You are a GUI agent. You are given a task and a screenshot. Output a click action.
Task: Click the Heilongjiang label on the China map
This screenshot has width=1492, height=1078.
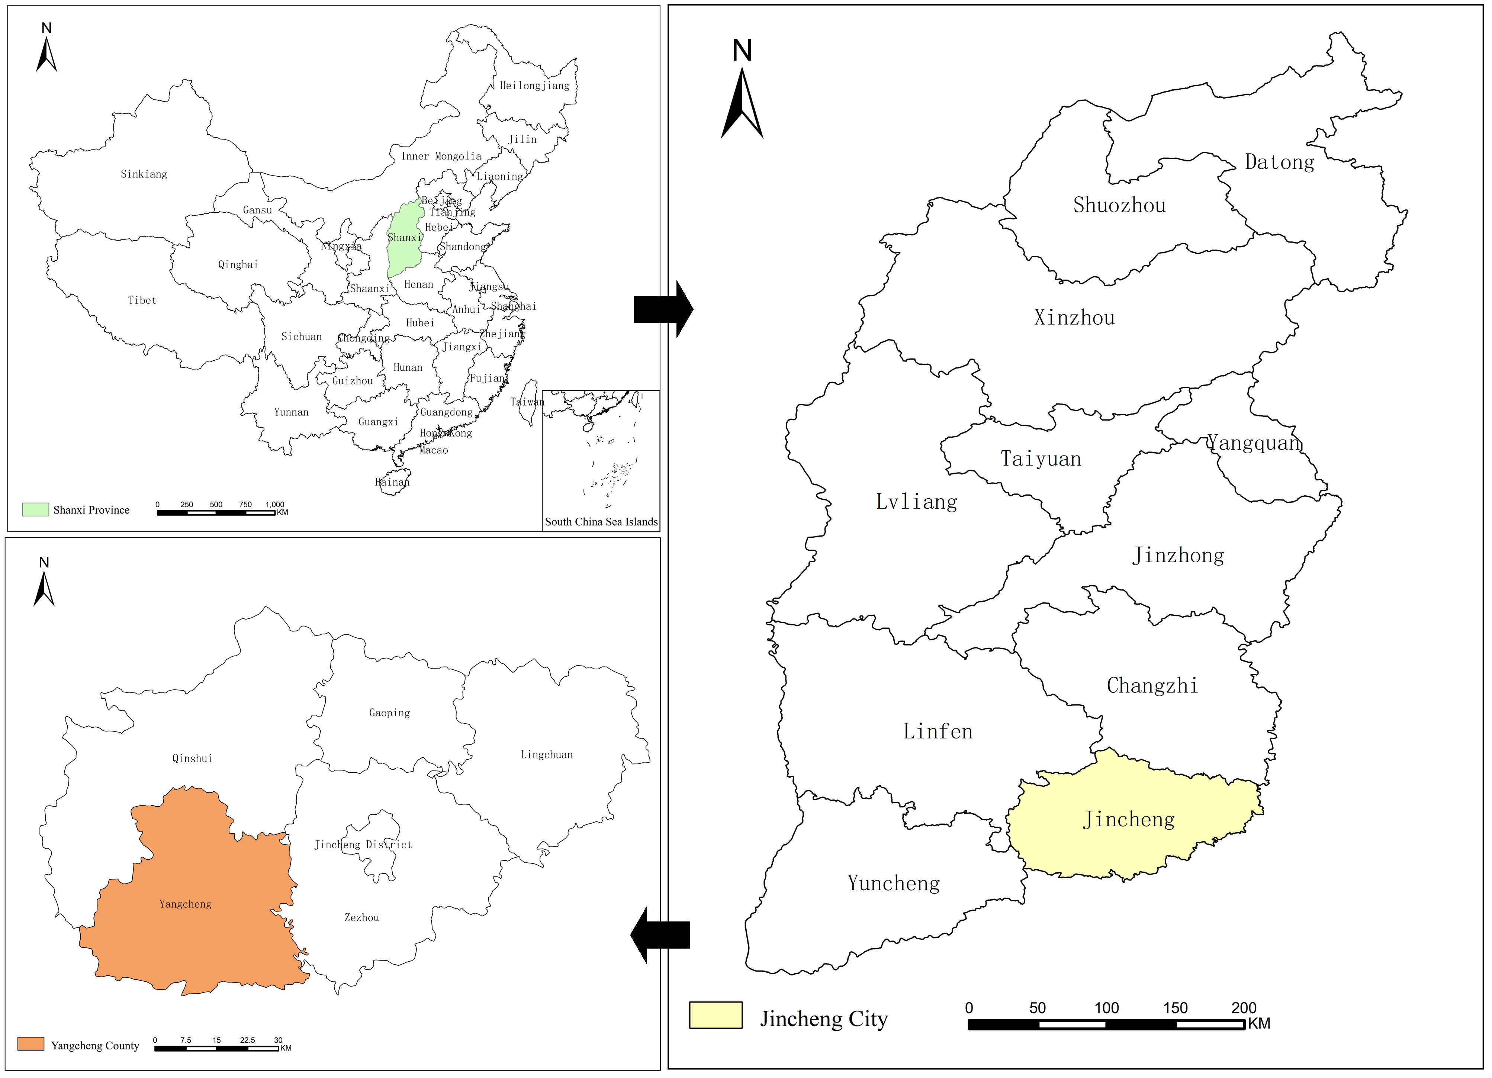[534, 86]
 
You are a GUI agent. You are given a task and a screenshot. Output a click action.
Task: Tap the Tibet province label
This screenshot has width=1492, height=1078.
[142, 300]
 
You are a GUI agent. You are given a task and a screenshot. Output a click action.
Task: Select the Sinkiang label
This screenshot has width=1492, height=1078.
[144, 174]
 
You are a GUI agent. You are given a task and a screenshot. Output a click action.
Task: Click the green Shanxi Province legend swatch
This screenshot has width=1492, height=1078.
[36, 510]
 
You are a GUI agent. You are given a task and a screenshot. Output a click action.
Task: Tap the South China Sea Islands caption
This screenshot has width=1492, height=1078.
[601, 522]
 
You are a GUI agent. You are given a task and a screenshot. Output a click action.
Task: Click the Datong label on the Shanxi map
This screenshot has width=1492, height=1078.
[1280, 162]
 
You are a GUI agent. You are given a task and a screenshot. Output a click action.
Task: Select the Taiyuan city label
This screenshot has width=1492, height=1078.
[1041, 459]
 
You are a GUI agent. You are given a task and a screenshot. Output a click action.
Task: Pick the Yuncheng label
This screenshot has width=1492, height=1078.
[893, 883]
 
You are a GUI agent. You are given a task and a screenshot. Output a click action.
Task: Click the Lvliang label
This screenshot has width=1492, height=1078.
[916, 502]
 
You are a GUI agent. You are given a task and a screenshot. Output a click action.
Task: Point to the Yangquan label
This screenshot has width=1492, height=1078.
[1254, 443]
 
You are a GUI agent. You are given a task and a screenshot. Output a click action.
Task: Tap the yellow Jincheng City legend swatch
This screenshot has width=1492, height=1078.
[716, 1015]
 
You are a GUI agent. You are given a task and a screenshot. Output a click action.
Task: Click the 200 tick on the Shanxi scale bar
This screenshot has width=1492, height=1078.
[1243, 1008]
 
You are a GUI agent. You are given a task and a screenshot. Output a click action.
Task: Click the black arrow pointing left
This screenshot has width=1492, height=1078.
[659, 934]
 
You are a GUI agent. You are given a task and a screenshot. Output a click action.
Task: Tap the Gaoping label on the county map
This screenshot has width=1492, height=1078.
[389, 713]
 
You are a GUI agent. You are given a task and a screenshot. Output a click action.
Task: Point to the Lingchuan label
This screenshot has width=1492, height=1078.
[547, 755]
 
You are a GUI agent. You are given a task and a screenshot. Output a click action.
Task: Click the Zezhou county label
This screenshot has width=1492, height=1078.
[362, 917]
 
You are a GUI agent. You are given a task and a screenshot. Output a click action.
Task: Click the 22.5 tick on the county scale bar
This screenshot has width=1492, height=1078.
[247, 1040]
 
